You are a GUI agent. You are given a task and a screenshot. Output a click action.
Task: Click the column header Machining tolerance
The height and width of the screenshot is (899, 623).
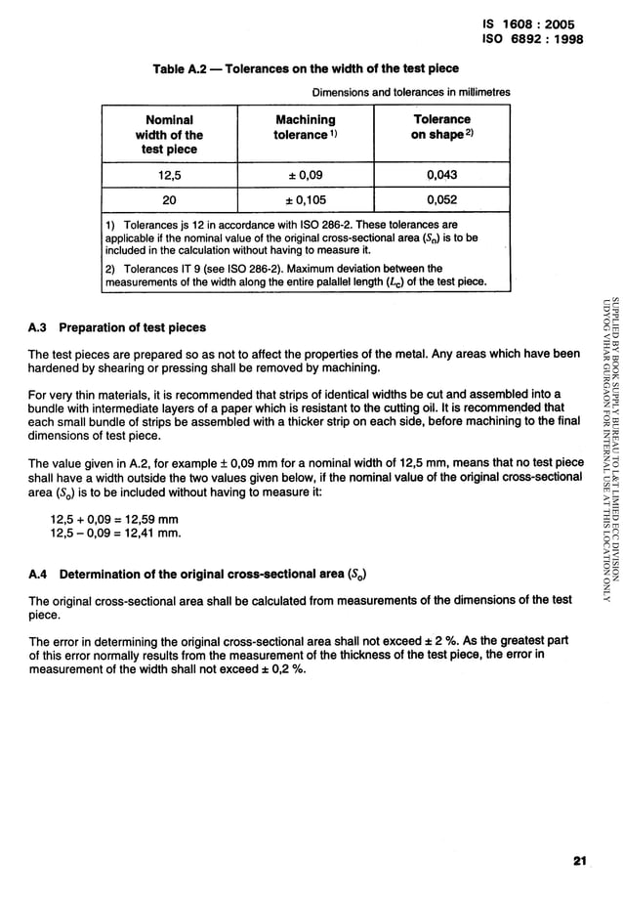(x=306, y=127)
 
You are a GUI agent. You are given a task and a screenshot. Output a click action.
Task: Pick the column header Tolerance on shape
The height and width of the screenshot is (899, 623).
(x=442, y=127)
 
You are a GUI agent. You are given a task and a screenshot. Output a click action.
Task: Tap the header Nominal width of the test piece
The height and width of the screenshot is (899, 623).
(x=169, y=135)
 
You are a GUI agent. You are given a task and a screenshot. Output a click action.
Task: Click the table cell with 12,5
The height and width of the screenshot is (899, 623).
(x=169, y=175)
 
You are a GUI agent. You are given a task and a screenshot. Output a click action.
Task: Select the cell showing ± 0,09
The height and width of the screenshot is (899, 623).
(x=306, y=175)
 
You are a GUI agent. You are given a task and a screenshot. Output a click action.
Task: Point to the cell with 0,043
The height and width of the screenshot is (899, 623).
(x=442, y=175)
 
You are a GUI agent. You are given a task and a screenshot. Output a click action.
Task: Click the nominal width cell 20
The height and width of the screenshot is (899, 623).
(x=169, y=199)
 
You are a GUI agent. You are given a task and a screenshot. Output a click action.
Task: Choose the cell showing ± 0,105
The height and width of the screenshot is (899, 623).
(x=306, y=199)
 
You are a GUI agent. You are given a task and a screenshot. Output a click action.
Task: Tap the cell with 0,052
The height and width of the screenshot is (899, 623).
(x=442, y=199)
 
